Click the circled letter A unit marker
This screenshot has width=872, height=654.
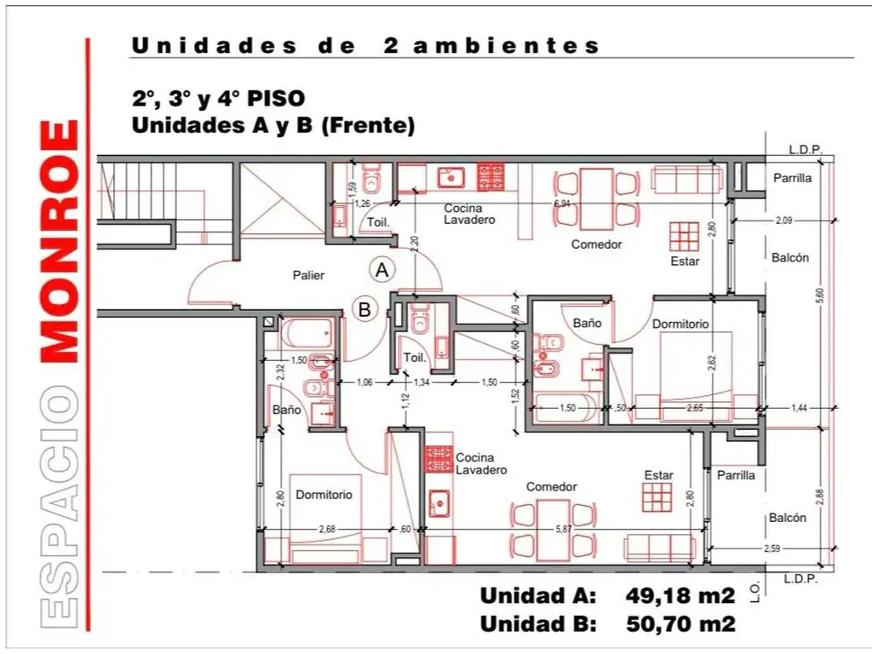pyautogui.click(x=382, y=270)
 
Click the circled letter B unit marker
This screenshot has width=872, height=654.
pyautogui.click(x=364, y=310)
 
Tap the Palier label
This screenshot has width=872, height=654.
pyautogui.click(x=307, y=275)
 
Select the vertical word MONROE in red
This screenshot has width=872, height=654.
pyautogui.click(x=60, y=242)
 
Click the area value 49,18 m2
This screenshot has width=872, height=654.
pyautogui.click(x=680, y=594)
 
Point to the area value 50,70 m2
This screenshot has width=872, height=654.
pyautogui.click(x=680, y=623)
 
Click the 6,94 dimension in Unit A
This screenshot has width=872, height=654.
pyautogui.click(x=561, y=204)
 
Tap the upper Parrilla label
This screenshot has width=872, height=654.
pyautogui.click(x=792, y=179)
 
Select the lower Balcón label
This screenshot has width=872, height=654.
pyautogui.click(x=788, y=518)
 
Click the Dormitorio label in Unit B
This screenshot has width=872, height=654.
pyautogui.click(x=324, y=494)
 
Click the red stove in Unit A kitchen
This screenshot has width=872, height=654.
pyautogui.click(x=490, y=176)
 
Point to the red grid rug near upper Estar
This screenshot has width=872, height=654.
pyautogui.click(x=683, y=235)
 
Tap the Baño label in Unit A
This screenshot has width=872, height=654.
pyautogui.click(x=587, y=324)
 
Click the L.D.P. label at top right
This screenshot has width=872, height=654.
pyautogui.click(x=805, y=150)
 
